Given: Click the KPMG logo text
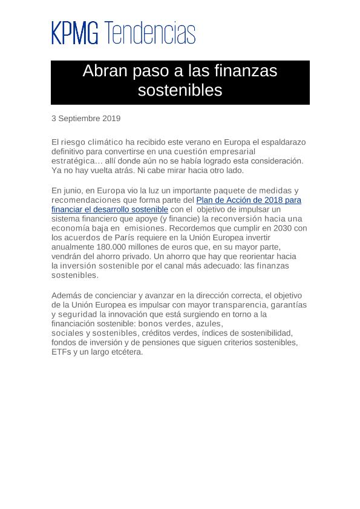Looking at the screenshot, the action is point(74,33).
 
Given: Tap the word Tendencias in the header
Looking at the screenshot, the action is point(150,33).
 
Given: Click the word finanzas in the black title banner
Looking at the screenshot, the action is point(246,71).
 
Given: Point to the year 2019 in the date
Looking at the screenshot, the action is point(111,119).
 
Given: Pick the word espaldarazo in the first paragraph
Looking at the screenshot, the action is point(283,142).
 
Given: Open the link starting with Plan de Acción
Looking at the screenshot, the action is point(249,200).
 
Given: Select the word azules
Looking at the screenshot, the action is point(209,324).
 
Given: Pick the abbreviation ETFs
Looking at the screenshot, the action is point(61,352).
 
